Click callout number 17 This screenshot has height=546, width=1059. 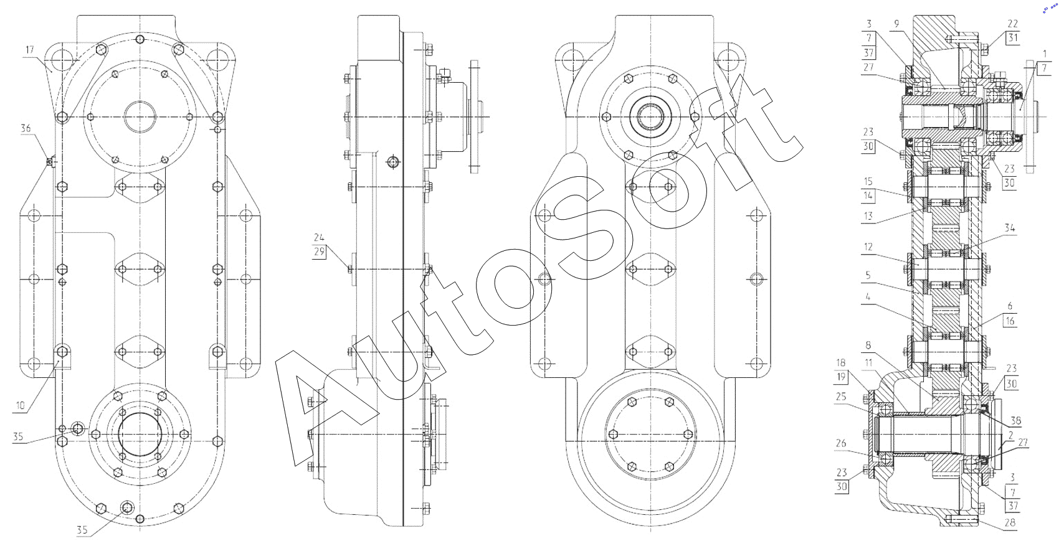pos(30,50)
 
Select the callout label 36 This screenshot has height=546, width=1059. pos(26,128)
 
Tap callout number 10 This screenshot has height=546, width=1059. pos(20,405)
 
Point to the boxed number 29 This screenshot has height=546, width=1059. pos(319,252)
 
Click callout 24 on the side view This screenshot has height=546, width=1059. pos(319,237)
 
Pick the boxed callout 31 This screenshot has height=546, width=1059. pos(1012,38)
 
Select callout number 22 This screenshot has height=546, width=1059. pos(1012,24)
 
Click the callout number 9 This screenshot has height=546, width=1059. pos(896,24)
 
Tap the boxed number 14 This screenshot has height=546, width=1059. pos(868,195)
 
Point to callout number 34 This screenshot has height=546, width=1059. pos(1009,228)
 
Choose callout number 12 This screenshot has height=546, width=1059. pos(868,247)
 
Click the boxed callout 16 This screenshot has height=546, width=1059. pos(1009,321)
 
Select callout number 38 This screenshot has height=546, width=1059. pos(1015,420)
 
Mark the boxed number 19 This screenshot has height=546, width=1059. pos(841,377)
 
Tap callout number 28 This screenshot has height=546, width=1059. pos(1009,523)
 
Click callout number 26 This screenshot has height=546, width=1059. pos(841,443)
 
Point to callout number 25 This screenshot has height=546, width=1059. pos(841,397)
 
